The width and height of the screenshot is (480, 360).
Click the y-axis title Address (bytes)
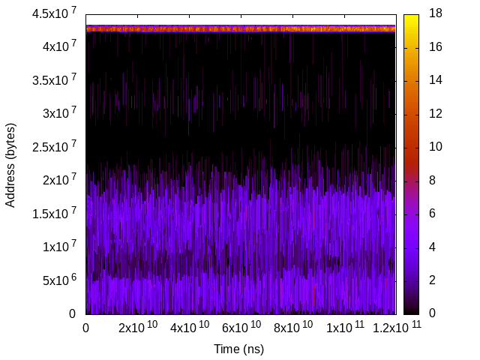[x=11, y=164]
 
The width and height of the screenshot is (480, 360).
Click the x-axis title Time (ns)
[x=238, y=349]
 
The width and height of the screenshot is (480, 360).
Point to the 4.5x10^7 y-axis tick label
[x=55, y=14]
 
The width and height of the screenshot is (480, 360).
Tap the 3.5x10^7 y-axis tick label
[x=55, y=80]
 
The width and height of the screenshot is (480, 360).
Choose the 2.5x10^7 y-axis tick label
[x=55, y=147]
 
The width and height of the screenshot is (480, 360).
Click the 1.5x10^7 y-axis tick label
[x=55, y=214]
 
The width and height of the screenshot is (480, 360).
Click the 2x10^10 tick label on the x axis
[x=137, y=327]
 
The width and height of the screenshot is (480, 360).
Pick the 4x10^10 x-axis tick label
[x=189, y=327]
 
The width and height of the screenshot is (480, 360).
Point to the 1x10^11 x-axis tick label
[x=344, y=327]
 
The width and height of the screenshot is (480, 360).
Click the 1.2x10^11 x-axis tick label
[x=393, y=327]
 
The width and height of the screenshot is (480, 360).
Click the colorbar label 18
[x=435, y=14]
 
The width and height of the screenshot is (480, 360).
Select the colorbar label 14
[x=435, y=80]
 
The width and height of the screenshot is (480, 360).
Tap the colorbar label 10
[x=435, y=147]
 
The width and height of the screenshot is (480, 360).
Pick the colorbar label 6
[x=432, y=214]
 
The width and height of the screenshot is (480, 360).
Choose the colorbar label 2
[x=432, y=280]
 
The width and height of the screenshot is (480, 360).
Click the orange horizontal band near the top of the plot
[x=240, y=28]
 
